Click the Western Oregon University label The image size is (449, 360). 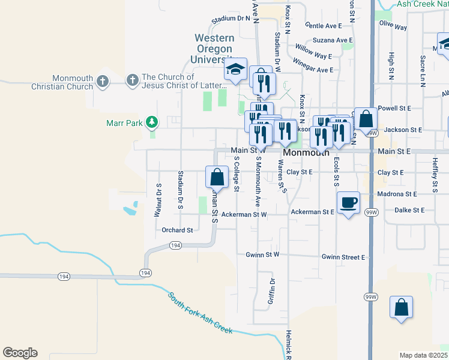coord(214,49)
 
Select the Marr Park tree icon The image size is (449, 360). coord(152,122)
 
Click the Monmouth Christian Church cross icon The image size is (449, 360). coord(102,80)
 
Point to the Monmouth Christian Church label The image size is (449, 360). coord(73,82)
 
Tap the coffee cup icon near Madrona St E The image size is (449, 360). coord(348,202)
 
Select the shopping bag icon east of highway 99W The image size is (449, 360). coord(401,307)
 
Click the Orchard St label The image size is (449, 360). coord(177,230)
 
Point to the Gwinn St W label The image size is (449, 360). coord(262,254)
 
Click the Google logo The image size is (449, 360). coord(20,353)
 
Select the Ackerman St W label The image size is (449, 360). coord(243,214)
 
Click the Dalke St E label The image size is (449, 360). coord(409,210)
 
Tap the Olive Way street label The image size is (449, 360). coord(393,26)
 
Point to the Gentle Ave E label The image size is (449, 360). coord(323,26)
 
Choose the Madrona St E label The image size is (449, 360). coord(397,194)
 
